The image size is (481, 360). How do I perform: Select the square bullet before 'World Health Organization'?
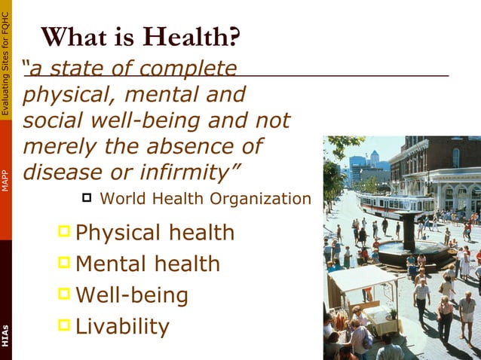coord(86,198)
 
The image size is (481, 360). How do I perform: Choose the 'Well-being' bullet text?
coord(132,294)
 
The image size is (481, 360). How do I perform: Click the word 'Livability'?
coord(122,326)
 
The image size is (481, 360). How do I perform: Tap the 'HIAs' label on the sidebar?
coord(6,336)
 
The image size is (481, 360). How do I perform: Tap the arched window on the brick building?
coord(456,157)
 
